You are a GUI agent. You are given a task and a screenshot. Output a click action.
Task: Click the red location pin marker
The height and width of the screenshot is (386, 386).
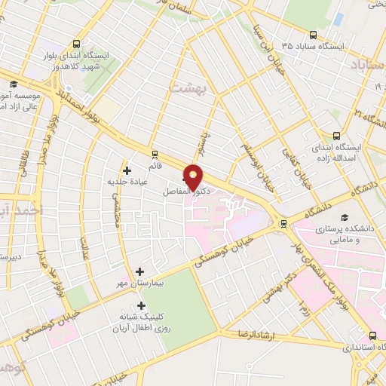194,176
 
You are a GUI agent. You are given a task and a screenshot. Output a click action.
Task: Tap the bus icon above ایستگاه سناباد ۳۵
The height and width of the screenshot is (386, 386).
313,34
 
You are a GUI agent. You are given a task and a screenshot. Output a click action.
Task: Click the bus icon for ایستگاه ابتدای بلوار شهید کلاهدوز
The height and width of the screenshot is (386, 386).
75,43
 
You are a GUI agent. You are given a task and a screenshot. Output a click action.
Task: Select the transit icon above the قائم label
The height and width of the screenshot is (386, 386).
155,154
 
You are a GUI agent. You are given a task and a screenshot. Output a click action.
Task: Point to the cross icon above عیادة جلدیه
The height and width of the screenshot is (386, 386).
127,170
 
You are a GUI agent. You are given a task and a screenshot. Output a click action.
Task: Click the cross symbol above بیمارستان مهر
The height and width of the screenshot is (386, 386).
139,271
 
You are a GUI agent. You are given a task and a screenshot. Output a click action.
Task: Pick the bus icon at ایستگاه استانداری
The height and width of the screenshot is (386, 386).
372,336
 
